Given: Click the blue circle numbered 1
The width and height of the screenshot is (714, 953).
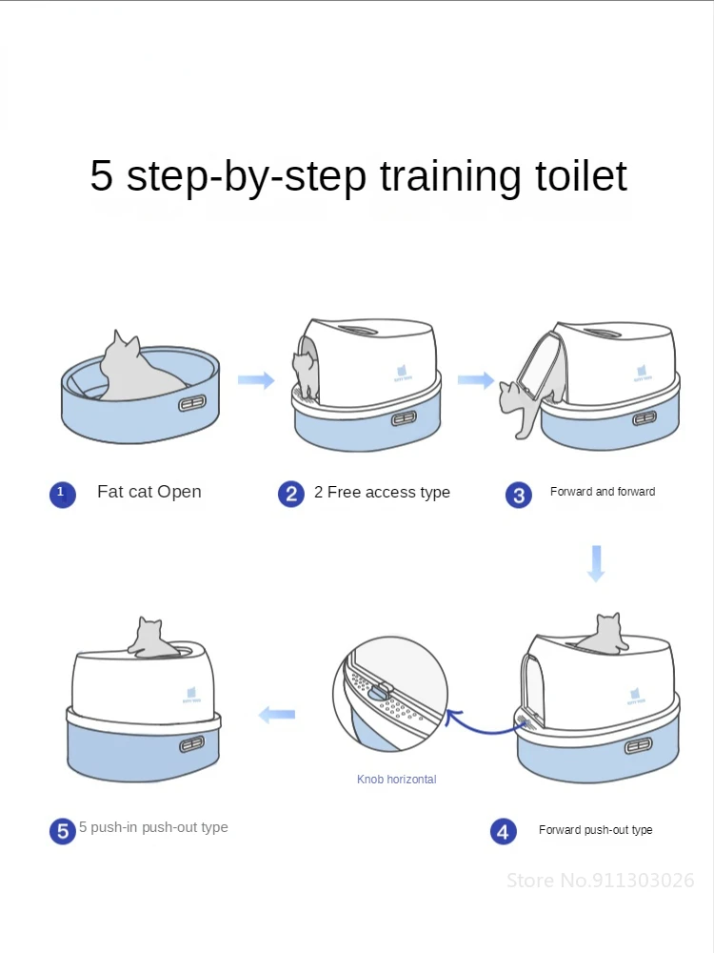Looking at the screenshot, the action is pyautogui.click(x=62, y=495).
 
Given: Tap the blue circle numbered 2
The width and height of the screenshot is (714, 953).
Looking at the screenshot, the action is pyautogui.click(x=291, y=494).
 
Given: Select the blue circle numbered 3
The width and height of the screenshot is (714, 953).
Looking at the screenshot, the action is pyautogui.click(x=519, y=495).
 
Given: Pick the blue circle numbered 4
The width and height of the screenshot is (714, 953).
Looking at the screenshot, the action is pyautogui.click(x=504, y=831).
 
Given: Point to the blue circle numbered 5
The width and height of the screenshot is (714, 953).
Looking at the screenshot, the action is pyautogui.click(x=63, y=831).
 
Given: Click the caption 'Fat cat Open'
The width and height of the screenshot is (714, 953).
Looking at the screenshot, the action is pyautogui.click(x=149, y=492).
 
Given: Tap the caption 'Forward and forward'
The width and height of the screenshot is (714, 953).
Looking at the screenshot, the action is pyautogui.click(x=603, y=492).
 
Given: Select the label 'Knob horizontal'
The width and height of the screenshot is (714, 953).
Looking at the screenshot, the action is pyautogui.click(x=397, y=780).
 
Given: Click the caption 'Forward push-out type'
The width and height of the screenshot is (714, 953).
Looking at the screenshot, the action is pyautogui.click(x=596, y=830).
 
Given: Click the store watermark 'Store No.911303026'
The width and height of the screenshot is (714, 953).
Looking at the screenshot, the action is pyautogui.click(x=600, y=880).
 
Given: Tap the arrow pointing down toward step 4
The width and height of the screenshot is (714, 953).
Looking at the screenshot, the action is pyautogui.click(x=596, y=562).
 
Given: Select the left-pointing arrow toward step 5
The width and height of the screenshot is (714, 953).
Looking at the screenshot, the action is pyautogui.click(x=277, y=714).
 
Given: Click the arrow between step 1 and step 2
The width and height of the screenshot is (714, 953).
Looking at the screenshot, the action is pyautogui.click(x=255, y=381).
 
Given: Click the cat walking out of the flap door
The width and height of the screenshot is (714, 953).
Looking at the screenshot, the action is pyautogui.click(x=522, y=405).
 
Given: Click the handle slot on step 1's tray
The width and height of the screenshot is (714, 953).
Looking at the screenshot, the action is pyautogui.click(x=192, y=404).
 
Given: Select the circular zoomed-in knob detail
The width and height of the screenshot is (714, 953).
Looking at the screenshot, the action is pyautogui.click(x=390, y=697).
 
